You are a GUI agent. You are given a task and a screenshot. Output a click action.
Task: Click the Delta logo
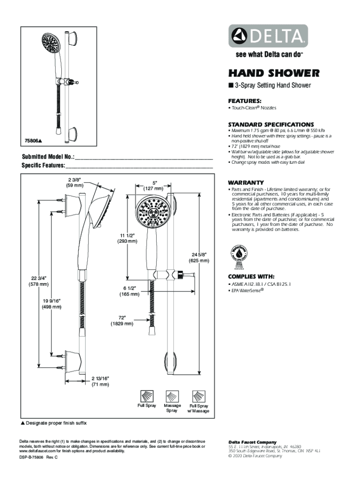pos(268,36)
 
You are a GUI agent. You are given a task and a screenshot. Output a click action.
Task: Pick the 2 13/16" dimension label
pos(100,381)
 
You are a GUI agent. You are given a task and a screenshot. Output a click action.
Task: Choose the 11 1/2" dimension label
pos(127,238)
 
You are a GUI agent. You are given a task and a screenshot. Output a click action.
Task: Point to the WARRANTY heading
pos(245,182)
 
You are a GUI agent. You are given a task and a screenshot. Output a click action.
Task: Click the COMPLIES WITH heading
pos(251,276)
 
